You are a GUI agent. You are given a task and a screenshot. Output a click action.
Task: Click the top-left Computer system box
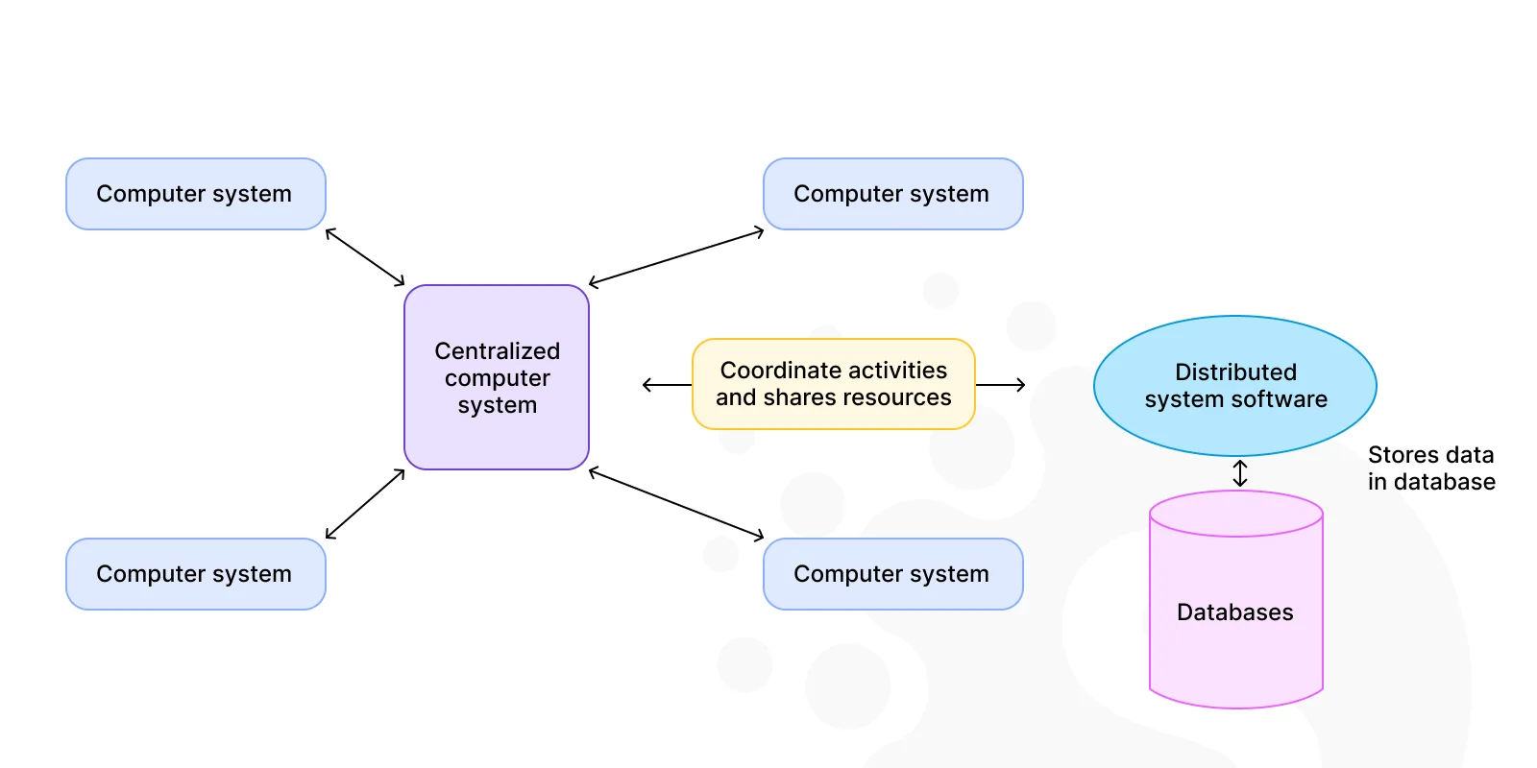[x=196, y=194]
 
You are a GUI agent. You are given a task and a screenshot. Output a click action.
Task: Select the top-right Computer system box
[x=892, y=194]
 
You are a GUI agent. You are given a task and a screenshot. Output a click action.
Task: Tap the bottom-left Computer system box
[x=196, y=574]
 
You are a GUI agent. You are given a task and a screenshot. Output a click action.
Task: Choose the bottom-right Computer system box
[x=892, y=574]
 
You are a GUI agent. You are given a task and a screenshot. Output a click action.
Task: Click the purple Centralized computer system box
[x=497, y=377]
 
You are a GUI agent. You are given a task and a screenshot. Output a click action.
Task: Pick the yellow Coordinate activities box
[x=834, y=384]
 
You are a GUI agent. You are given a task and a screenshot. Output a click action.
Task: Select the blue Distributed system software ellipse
[x=1235, y=385]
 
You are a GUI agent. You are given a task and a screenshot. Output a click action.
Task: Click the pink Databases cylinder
[x=1235, y=599]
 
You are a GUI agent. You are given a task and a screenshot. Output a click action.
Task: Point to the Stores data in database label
[x=1431, y=468]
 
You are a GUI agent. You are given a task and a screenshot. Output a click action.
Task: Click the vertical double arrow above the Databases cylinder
[x=1240, y=473]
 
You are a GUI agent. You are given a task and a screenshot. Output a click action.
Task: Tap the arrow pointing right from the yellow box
[x=1000, y=385]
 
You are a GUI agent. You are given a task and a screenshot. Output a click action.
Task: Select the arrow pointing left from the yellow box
[x=667, y=385]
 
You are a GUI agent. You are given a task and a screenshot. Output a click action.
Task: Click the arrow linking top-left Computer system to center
[x=365, y=256]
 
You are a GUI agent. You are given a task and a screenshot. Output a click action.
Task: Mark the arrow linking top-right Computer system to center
[x=676, y=258]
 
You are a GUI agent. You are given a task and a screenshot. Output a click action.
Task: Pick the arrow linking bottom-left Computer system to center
[x=365, y=504]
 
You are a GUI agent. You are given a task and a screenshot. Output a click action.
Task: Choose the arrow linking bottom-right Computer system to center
[x=676, y=504]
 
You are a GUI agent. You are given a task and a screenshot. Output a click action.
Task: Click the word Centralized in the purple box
[x=498, y=351]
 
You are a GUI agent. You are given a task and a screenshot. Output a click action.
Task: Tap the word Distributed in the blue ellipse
[x=1235, y=372]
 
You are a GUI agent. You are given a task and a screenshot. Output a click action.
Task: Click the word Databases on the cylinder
[x=1235, y=612]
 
